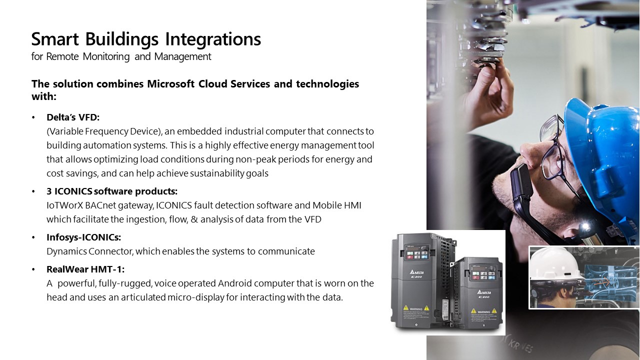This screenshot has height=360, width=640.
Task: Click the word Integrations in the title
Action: tap(213, 39)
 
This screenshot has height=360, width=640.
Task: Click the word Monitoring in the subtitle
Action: tap(106, 56)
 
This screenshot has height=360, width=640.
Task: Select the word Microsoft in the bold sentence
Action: tap(171, 83)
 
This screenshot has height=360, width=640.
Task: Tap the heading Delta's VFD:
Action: tap(73, 117)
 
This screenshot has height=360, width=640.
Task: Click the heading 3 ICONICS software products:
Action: tap(112, 191)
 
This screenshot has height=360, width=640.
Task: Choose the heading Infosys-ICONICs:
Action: tap(83, 237)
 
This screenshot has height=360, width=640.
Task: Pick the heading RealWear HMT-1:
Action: tap(85, 269)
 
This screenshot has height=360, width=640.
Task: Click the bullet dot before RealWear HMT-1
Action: tap(33, 269)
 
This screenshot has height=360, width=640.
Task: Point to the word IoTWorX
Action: tap(65, 205)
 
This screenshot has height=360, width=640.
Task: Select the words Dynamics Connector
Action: tap(89, 251)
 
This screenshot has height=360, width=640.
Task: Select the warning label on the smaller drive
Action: tap(483, 316)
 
